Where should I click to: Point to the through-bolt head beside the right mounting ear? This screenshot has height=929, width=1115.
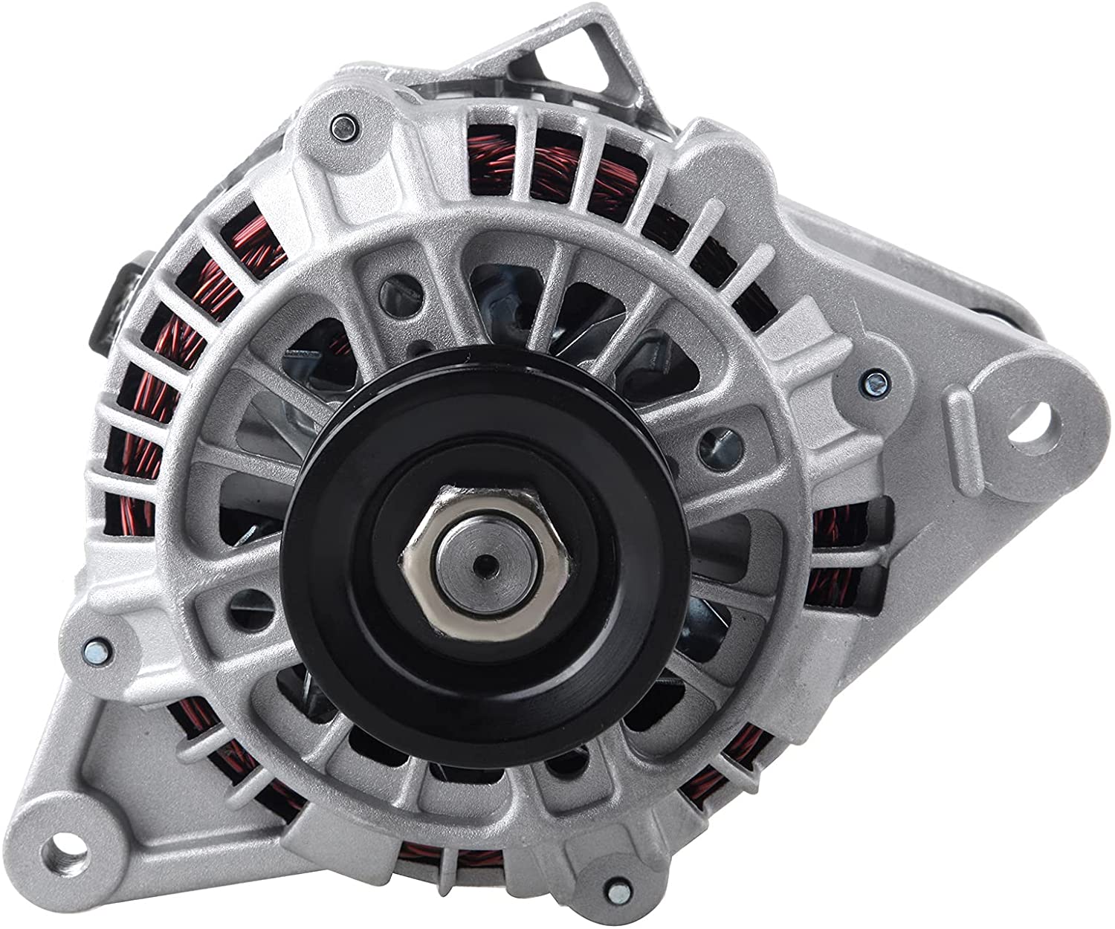point(876,382)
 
